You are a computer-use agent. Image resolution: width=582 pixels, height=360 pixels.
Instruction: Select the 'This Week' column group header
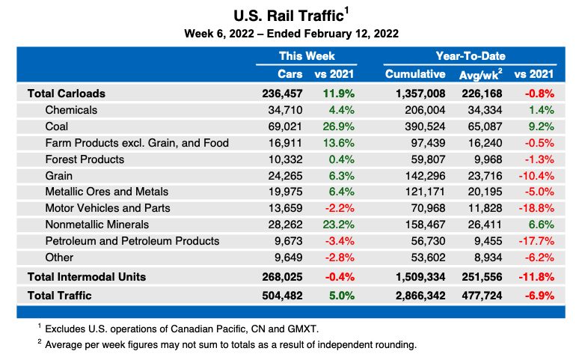coord(307,56)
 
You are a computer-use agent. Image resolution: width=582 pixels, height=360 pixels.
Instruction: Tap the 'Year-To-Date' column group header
coord(470,56)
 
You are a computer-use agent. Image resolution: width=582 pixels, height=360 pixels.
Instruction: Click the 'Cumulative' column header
coord(415,74)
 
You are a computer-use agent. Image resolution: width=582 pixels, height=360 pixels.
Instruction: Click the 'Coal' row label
coord(57,126)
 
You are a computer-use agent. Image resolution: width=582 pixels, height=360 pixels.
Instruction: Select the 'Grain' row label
coord(59,175)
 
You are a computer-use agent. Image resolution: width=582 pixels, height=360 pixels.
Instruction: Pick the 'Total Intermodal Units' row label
coord(86,276)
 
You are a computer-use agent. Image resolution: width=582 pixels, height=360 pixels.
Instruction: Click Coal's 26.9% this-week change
coord(338,126)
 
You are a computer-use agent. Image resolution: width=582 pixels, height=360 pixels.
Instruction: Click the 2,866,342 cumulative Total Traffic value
coord(415,296)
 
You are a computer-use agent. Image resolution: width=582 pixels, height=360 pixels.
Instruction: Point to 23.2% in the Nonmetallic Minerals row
coord(338,225)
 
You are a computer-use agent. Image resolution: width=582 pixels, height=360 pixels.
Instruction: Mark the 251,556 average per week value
coord(478,276)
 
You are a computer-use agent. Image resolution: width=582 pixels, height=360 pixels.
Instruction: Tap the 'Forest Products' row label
coord(85,159)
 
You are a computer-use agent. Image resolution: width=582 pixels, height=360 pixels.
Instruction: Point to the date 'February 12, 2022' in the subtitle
coord(352,34)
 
